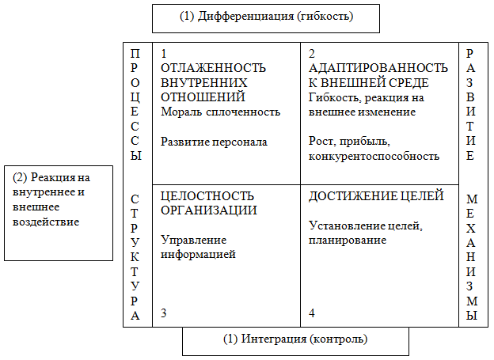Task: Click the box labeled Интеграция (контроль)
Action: pyautogui.click(x=295, y=340)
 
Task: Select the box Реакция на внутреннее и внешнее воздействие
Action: pyautogui.click(x=59, y=211)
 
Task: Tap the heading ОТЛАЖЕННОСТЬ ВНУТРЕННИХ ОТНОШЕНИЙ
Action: pyautogui.click(x=213, y=82)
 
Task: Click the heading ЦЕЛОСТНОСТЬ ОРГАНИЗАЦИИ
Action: pyautogui.click(x=207, y=203)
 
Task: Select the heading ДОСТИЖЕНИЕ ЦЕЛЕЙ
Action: pyautogui.click(x=376, y=196)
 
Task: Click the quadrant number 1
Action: pyautogui.click(x=164, y=54)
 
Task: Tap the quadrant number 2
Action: pyautogui.click(x=312, y=54)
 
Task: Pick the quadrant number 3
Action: pyautogui.click(x=164, y=314)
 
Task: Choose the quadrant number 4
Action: pyautogui.click(x=312, y=314)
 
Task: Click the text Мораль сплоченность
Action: pyautogui.click(x=220, y=112)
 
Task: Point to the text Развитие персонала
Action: pyautogui.click(x=214, y=142)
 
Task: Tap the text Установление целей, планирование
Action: pyautogui.click(x=365, y=233)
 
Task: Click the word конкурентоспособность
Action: pyautogui.click(x=374, y=156)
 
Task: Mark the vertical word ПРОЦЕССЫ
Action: pyautogui.click(x=136, y=104)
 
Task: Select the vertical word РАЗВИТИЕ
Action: pyautogui.click(x=472, y=104)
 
